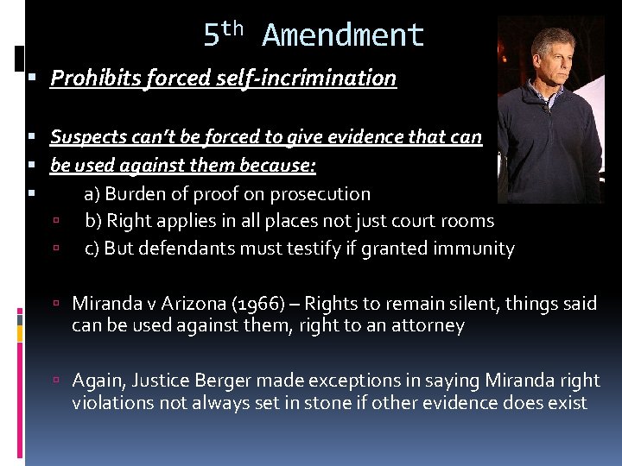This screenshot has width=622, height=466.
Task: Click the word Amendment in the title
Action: coord(343,35)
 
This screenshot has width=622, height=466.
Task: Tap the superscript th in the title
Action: coord(232,29)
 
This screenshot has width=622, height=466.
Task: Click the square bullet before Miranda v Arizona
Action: coord(54,304)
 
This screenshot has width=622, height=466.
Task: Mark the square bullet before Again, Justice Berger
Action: coord(54,381)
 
